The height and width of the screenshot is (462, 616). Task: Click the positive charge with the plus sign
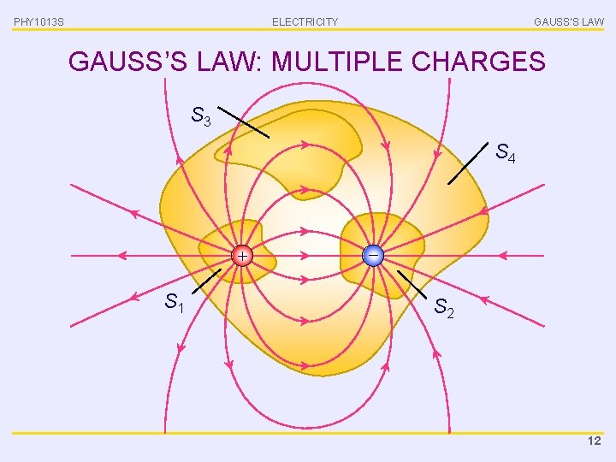click(x=243, y=255)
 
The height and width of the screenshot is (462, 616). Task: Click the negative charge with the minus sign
click(x=373, y=255)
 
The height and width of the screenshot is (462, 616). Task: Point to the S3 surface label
click(x=202, y=115)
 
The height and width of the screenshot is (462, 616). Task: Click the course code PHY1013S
click(x=38, y=21)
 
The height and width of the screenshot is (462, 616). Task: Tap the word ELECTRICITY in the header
click(x=305, y=21)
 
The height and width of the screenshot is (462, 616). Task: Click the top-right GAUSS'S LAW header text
click(x=568, y=21)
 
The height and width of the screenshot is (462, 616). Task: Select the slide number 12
click(x=595, y=441)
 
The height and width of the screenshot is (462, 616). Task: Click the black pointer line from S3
click(x=242, y=122)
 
